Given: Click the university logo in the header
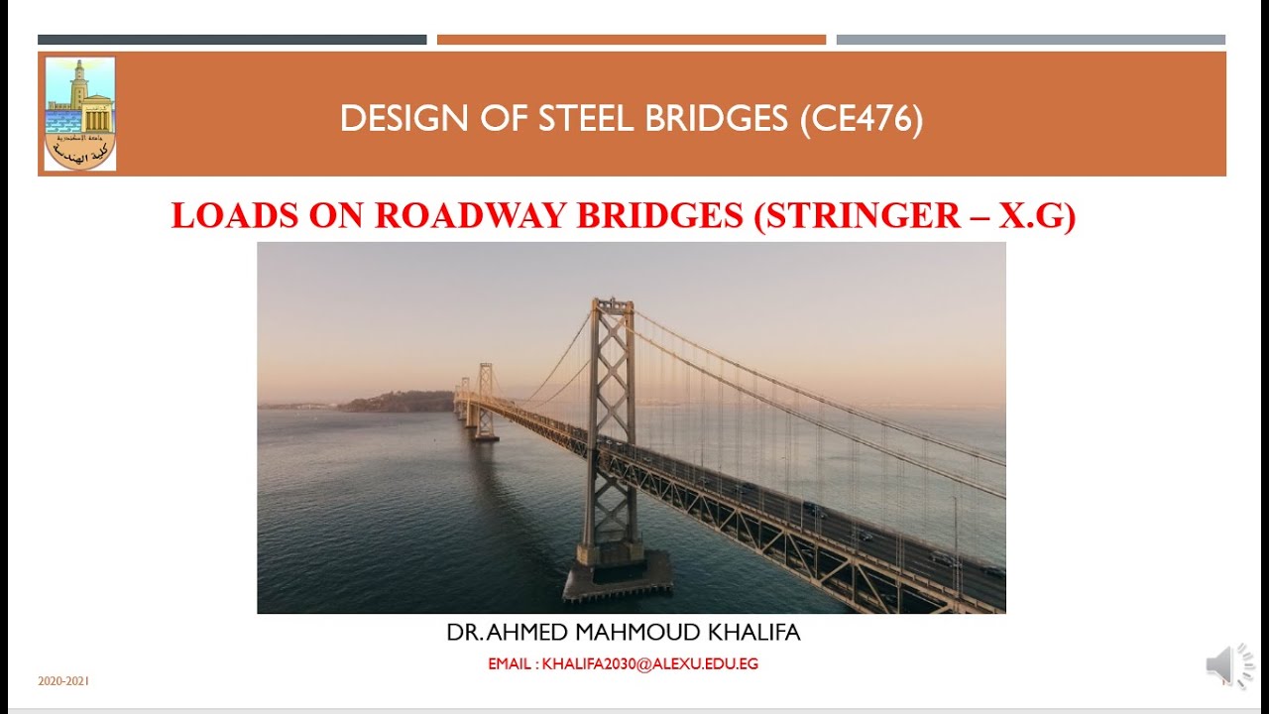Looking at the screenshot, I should pyautogui.click(x=80, y=113).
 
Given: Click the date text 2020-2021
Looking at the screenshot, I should pyautogui.click(x=63, y=681).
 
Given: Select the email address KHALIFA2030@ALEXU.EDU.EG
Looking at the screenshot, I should pyautogui.click(x=650, y=664).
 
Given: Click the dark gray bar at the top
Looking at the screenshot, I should pyautogui.click(x=232, y=40).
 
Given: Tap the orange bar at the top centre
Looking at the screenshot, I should pyautogui.click(x=632, y=40).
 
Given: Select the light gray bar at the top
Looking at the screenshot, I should pyautogui.click(x=1031, y=40).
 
